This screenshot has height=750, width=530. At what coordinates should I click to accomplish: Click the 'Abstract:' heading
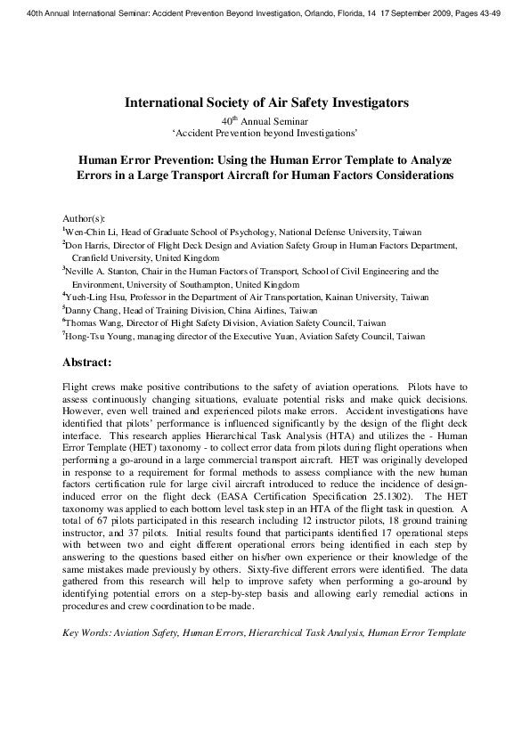click(86, 363)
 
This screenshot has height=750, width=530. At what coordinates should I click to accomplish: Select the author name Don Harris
click(87, 242)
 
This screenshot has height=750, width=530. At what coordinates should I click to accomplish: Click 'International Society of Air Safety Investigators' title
click(265, 102)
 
